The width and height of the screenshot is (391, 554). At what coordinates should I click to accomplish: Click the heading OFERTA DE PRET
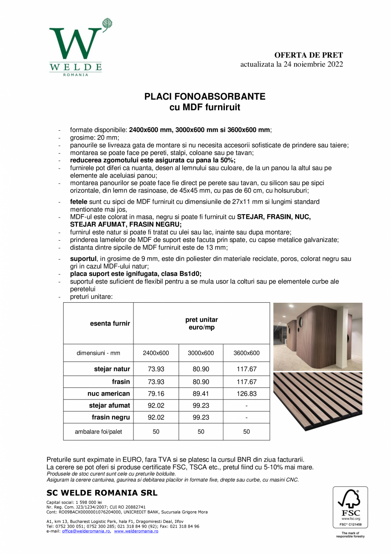[x=309, y=55]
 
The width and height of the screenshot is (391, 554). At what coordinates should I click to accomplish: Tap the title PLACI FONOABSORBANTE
[x=205, y=97]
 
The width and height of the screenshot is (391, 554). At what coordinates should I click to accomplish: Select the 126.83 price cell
[x=246, y=394]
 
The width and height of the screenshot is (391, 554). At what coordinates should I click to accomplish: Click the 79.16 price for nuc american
[x=156, y=394]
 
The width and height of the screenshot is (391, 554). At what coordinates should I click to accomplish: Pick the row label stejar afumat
[x=109, y=405]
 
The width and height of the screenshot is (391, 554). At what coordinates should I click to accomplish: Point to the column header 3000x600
[x=201, y=353]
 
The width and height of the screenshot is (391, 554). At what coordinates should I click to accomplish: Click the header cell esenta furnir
[x=110, y=324]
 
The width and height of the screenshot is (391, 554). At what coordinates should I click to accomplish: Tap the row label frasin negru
[x=110, y=417]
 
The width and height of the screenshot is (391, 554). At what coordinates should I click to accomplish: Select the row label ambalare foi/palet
[x=98, y=432]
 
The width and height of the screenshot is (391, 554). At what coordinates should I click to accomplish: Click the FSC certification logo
[x=350, y=508]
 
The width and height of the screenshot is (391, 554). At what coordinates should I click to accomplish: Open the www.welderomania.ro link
[x=136, y=531]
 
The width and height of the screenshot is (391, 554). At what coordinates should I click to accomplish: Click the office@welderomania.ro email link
[x=86, y=531]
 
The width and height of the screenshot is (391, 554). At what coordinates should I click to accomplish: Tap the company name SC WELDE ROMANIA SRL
[x=102, y=493]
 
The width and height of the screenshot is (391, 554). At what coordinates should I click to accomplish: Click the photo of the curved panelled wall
[x=317, y=336]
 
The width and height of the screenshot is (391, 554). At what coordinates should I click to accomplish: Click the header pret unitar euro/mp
[x=201, y=324]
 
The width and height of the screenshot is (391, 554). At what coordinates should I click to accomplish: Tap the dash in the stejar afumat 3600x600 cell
[x=246, y=405]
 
